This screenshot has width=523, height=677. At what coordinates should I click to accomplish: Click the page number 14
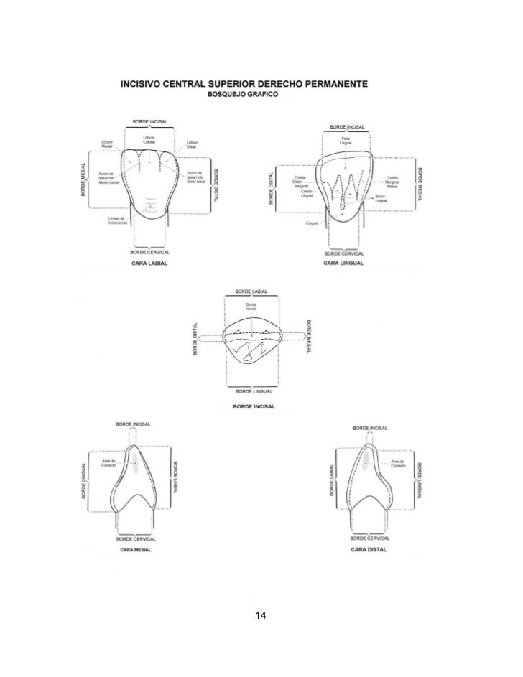pos(261,615)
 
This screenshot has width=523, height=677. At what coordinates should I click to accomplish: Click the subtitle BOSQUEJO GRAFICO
pos(244,95)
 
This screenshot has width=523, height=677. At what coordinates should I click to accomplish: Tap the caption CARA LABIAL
pos(149,263)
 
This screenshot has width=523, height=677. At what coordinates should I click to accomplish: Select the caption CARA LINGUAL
pos(343,263)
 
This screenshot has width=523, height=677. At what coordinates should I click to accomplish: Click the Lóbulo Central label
pos(149,140)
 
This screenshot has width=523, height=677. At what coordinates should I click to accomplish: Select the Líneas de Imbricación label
pos(118,220)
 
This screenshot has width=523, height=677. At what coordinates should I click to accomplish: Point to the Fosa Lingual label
pos(346,141)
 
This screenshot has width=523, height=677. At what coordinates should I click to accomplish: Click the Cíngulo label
pos(313,224)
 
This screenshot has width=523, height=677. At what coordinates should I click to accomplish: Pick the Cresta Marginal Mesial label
pos(392,182)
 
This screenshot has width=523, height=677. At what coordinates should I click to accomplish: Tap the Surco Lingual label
pos(381,198)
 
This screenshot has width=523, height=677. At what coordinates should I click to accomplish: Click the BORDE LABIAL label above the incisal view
pos(251,292)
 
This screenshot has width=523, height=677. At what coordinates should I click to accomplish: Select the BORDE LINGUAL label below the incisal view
pos(251,391)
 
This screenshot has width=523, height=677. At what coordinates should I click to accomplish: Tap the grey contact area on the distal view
pos(366,459)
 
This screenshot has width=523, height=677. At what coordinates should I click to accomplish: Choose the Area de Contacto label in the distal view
pos(399,463)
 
